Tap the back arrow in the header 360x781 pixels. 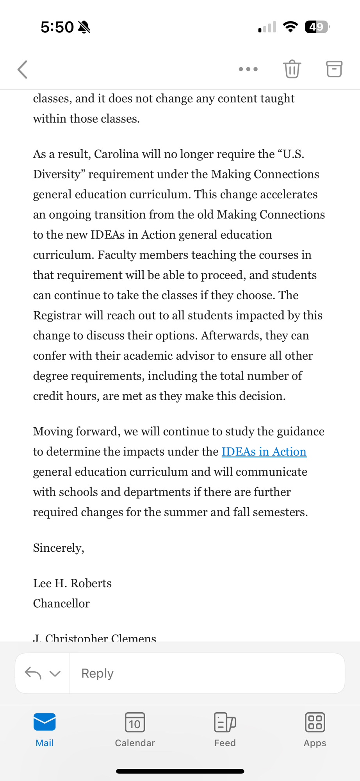pos(23,70)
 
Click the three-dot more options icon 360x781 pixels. pos(248,69)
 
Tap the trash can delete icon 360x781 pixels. pos(292,69)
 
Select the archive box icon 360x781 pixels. pos(334,69)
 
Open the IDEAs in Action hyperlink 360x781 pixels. pos(264,452)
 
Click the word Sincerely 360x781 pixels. pos(59,548)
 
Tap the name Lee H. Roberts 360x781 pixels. pos(72,583)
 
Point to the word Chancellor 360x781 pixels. pos(61,604)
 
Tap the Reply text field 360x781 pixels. pos(207,673)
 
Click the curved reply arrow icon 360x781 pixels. pos(33,673)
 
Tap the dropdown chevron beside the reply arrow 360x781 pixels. pos(55,674)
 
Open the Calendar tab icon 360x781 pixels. pos(135,722)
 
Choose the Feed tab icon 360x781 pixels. pos(225,722)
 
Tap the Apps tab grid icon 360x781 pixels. pos(315,722)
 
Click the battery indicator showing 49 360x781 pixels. pos(317,27)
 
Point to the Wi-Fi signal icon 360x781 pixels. pos(290,27)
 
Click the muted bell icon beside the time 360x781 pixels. pos(84,27)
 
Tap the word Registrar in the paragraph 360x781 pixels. pos(57,316)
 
